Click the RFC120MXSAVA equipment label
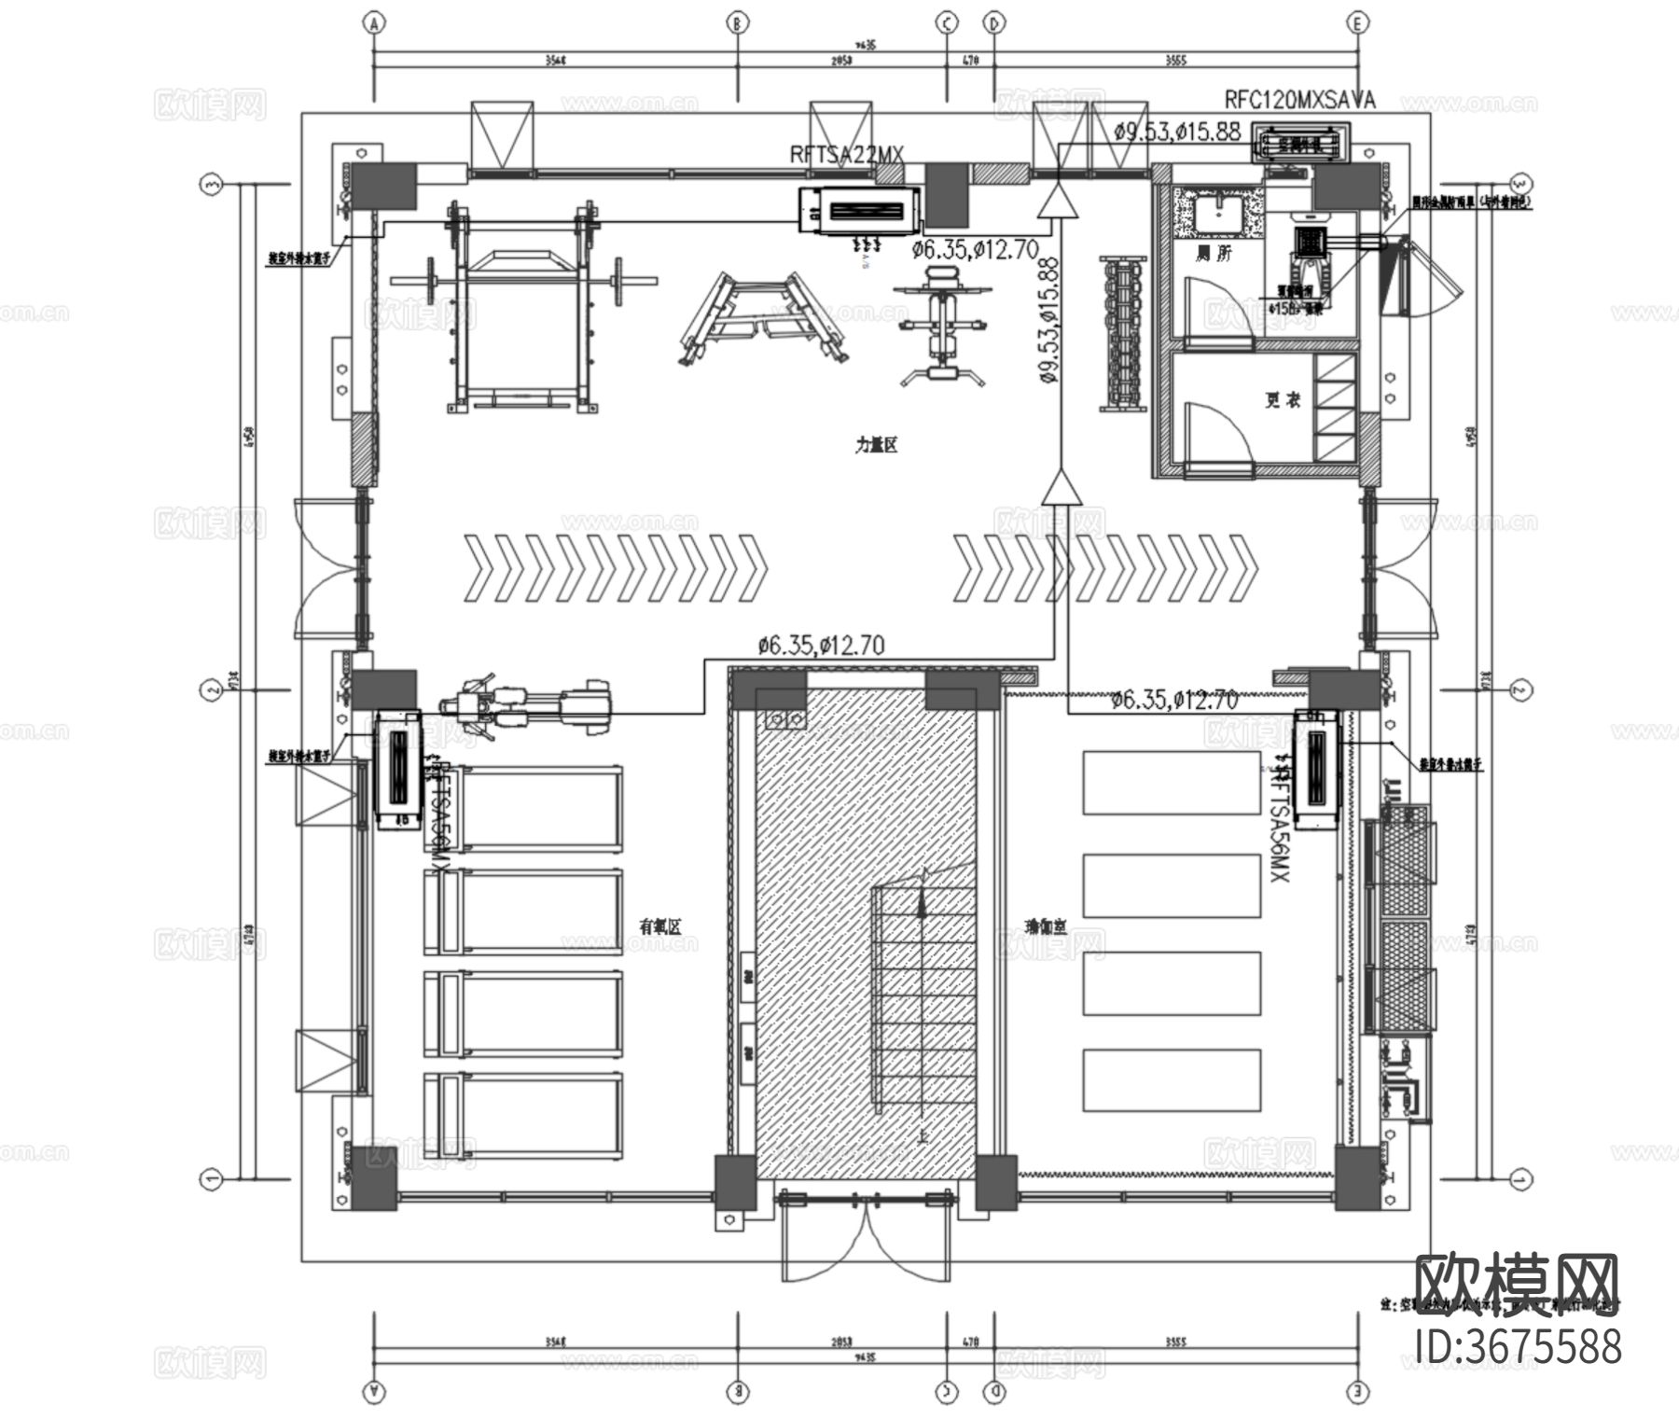pos(1299,101)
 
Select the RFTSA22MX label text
pos(847,156)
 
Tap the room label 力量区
pos(876,445)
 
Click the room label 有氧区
pos(660,926)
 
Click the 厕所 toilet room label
pos(1214,253)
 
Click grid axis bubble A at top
pos(375,23)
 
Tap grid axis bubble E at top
pos(1357,23)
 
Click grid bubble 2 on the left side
pos(212,690)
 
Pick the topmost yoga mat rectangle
pos(1171,782)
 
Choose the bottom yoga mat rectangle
pos(1171,1079)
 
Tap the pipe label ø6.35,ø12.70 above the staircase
pos(821,644)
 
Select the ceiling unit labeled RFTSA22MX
pos(859,211)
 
